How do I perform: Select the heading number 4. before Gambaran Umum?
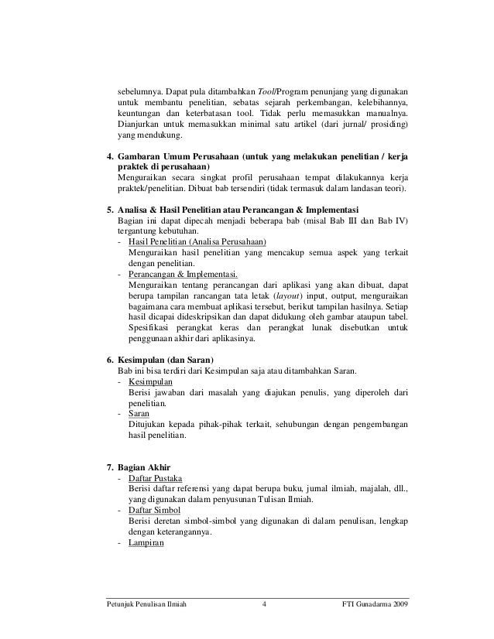coord(109,155)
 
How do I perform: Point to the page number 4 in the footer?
coord(264,604)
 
